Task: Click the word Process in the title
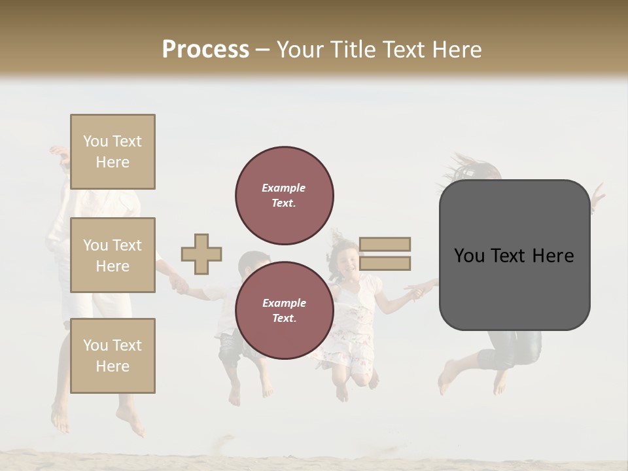click(205, 50)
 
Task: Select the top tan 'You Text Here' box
click(113, 152)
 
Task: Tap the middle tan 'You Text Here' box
click(113, 255)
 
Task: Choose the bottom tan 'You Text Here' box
click(113, 355)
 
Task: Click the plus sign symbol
click(201, 254)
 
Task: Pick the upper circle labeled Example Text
click(284, 196)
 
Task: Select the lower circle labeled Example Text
click(284, 310)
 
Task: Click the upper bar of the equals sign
click(385, 244)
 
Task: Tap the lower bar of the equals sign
click(385, 263)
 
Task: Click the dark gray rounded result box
click(514, 255)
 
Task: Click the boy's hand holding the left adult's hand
click(179, 284)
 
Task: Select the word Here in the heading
click(455, 50)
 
